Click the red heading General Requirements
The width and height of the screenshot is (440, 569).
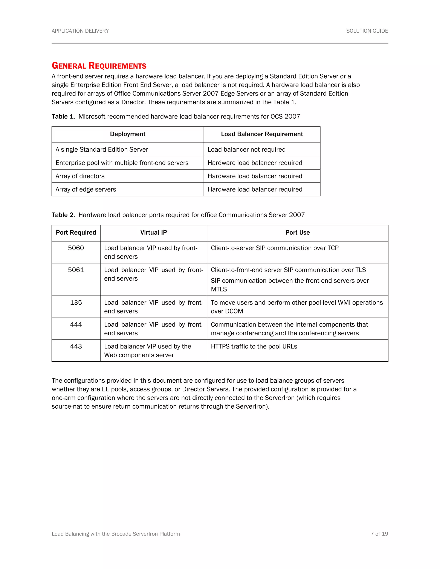99,66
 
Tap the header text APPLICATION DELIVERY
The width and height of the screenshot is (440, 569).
80,31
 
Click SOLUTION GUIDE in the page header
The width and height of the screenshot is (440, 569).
367,31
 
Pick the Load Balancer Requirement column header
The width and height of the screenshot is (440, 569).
262,134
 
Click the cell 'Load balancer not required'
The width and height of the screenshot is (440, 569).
247,149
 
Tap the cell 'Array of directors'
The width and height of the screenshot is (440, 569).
80,176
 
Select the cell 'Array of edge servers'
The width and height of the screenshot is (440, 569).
86,189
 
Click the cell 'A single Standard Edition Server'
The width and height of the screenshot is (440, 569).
102,149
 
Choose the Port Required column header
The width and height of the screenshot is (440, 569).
76,233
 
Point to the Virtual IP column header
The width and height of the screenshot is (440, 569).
154,233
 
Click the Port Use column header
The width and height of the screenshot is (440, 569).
297,233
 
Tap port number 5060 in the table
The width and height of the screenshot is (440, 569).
76,248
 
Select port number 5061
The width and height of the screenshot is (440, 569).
76,270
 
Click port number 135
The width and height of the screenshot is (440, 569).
76,303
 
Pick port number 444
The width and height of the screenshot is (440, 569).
76,324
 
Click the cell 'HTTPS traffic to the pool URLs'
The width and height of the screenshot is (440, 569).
254,347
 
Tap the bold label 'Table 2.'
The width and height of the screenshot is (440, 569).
63,215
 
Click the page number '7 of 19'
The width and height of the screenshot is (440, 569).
379,534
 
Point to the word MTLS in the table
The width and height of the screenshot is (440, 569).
219,289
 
